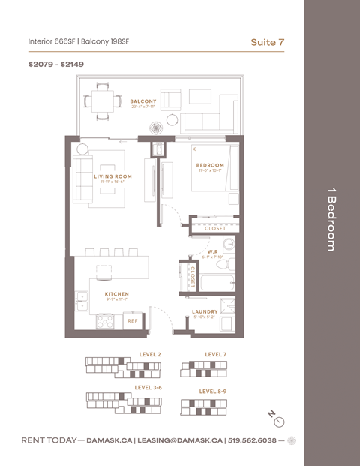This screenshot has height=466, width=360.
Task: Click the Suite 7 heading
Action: (x=267, y=42)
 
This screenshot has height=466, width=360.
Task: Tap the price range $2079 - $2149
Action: (x=56, y=65)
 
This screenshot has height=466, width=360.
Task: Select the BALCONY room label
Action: (x=142, y=101)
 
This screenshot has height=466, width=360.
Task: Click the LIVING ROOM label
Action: (x=112, y=177)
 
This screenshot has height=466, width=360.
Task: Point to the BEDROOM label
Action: (x=210, y=165)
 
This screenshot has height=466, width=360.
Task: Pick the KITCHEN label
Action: (x=116, y=294)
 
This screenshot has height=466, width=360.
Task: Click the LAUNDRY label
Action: (x=205, y=311)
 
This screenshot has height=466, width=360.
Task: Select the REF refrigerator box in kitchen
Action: (x=131, y=320)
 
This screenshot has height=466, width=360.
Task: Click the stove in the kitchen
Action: (x=106, y=320)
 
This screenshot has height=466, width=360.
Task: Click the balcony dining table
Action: (x=101, y=101)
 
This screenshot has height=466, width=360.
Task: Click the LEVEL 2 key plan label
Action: (x=150, y=353)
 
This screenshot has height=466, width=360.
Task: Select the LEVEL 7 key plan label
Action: (x=216, y=353)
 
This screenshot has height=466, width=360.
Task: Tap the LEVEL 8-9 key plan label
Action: (x=213, y=391)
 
